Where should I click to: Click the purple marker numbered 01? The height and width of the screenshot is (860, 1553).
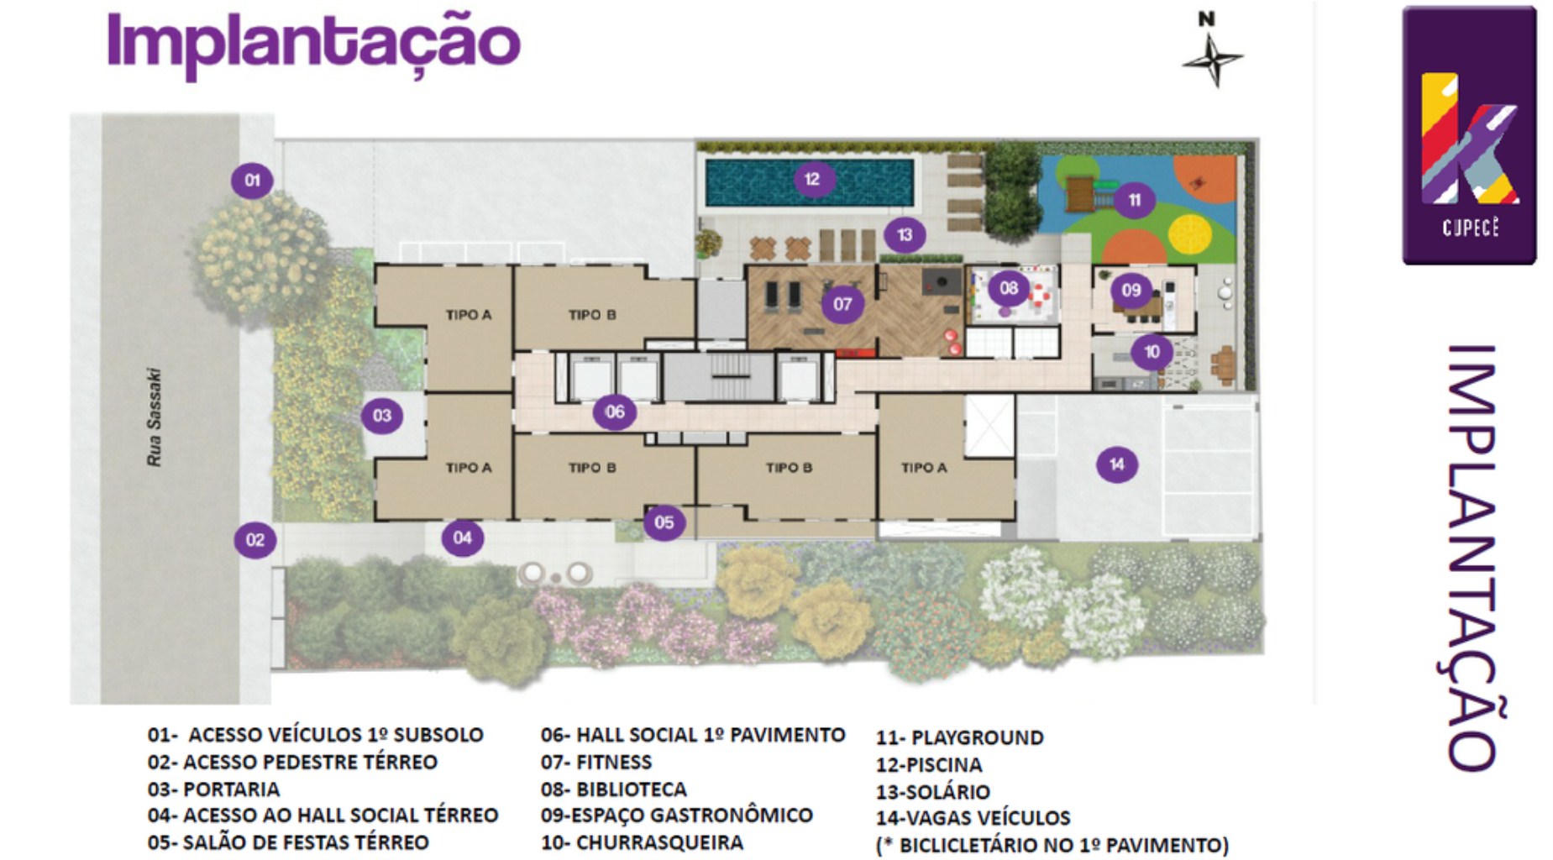click(252, 180)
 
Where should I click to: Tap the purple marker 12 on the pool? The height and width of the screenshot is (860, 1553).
click(812, 179)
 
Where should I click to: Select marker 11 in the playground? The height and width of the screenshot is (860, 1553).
click(1134, 200)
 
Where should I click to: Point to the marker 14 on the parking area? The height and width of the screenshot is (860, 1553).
click(1116, 464)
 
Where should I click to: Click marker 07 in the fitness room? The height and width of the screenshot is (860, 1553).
click(842, 304)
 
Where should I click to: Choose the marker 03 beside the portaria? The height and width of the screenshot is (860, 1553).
click(382, 415)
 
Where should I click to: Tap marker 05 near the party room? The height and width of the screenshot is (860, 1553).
click(664, 522)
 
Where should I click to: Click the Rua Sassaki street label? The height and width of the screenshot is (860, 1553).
click(154, 417)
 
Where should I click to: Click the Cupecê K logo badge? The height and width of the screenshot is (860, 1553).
click(1469, 136)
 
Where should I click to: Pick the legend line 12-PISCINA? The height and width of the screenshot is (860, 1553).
click(929, 765)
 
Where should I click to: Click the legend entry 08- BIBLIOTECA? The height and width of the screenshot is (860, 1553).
click(614, 789)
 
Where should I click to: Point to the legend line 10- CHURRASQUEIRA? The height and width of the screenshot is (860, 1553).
click(643, 842)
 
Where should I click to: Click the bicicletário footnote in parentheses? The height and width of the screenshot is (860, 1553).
click(1052, 845)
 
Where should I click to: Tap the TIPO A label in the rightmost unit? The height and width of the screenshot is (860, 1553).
click(924, 468)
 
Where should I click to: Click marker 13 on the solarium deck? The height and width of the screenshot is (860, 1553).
click(904, 234)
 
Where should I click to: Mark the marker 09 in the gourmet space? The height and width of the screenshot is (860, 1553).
click(1131, 290)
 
